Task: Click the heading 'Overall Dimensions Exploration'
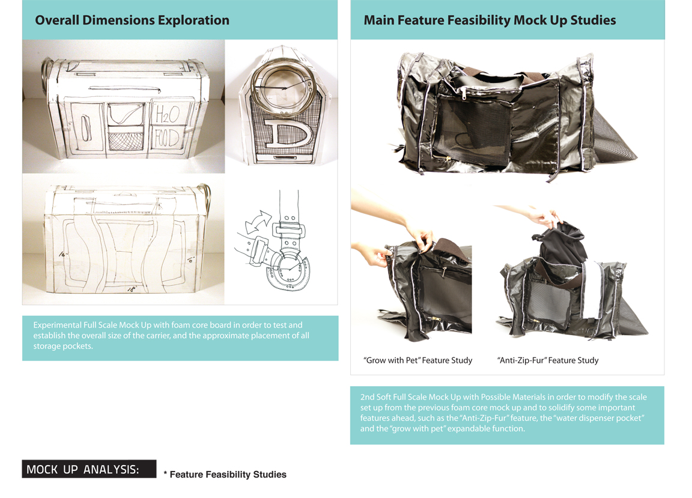[x=132, y=20]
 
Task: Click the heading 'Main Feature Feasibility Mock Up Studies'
[x=490, y=20]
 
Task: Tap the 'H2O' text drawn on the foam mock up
[x=167, y=112]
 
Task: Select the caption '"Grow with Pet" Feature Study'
[x=418, y=360]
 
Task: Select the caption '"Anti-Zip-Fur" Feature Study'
[x=548, y=360]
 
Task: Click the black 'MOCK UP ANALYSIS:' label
[x=89, y=469]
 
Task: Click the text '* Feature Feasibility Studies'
[x=225, y=475]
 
